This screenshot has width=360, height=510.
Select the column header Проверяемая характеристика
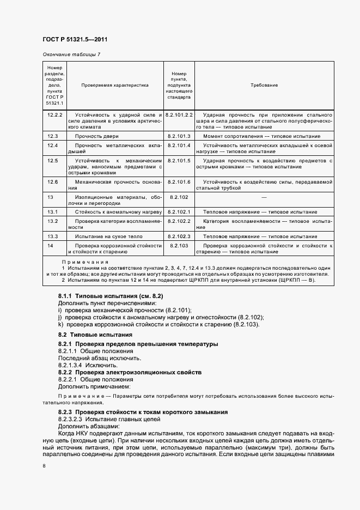click(x=115, y=86)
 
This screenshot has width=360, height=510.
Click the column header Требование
click(x=264, y=86)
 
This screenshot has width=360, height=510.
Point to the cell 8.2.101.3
click(x=179, y=136)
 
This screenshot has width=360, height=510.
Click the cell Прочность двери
click(x=97, y=136)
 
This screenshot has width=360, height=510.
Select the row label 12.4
click(x=53, y=145)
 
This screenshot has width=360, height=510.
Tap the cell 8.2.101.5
click(x=179, y=161)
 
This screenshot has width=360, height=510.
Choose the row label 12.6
click(x=53, y=181)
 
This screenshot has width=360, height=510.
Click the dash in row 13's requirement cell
click(x=264, y=197)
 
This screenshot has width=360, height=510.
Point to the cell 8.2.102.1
click(x=179, y=211)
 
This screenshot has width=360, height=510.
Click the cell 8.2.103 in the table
click(x=179, y=246)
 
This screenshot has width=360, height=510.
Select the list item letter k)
click(x=60, y=325)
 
